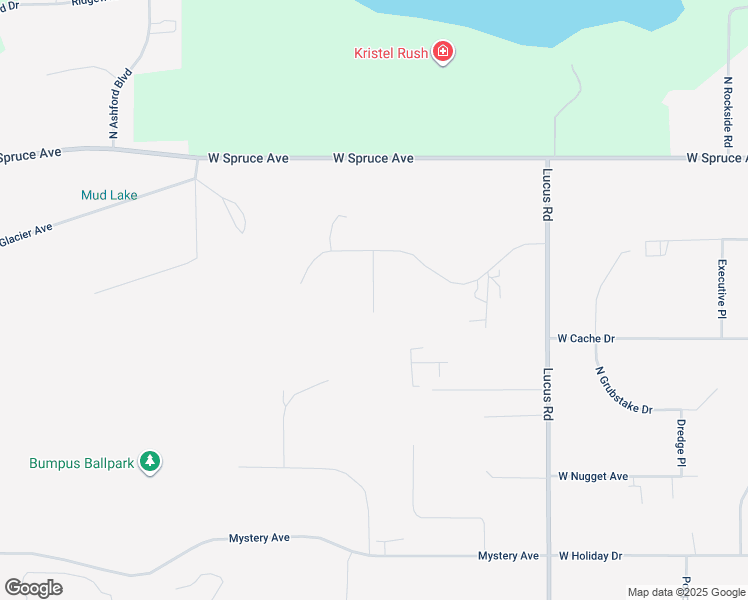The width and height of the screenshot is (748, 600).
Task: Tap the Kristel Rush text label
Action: tap(391, 53)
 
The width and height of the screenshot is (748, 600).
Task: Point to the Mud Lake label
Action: tap(109, 195)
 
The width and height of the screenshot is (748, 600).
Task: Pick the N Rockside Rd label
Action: tap(728, 109)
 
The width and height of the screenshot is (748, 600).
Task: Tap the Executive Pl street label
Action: tap(722, 289)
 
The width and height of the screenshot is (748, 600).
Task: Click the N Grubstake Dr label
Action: tap(623, 391)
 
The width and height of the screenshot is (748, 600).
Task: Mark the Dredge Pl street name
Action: tap(681, 443)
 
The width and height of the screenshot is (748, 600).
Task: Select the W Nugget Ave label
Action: tap(593, 476)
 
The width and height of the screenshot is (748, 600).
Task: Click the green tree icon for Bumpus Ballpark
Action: tap(150, 462)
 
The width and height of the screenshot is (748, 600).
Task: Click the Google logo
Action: tap(33, 588)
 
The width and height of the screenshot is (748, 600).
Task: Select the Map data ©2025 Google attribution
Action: tap(687, 592)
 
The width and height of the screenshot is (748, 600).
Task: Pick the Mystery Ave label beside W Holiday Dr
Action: tap(508, 556)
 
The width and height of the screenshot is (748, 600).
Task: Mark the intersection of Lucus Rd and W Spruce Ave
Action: tap(548, 158)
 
